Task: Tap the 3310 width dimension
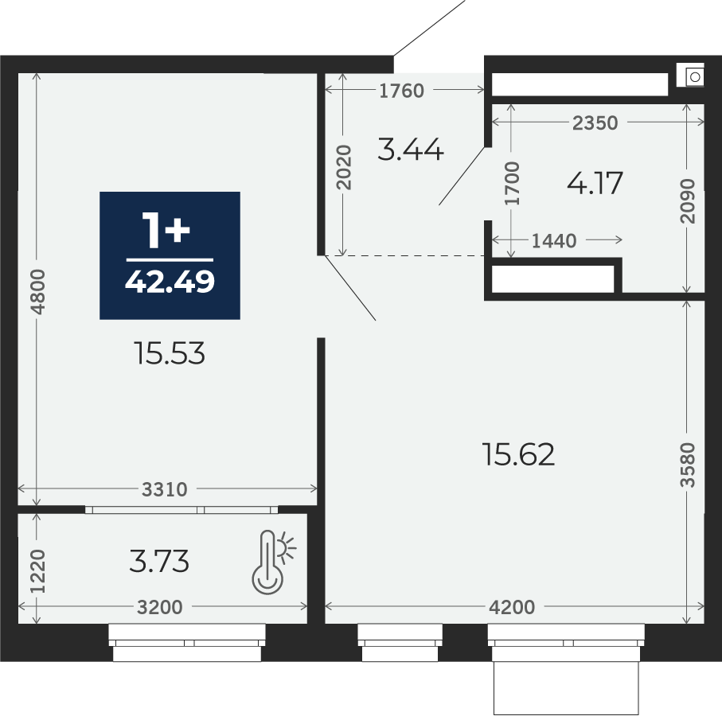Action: (165, 489)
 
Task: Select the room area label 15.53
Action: (170, 353)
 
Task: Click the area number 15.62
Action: (518, 454)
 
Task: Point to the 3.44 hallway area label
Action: (411, 150)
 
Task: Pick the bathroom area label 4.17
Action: (595, 183)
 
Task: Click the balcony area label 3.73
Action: (159, 562)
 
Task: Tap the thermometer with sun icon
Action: (274, 562)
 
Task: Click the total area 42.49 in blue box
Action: (170, 281)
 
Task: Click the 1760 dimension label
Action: (401, 91)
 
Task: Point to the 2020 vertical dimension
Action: (344, 168)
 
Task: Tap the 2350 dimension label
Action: (595, 123)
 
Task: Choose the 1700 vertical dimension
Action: (512, 183)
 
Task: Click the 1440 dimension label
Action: (554, 241)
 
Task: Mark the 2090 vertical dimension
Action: (687, 201)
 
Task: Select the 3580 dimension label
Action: (687, 465)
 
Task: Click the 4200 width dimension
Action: (512, 607)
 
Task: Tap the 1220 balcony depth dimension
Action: (38, 571)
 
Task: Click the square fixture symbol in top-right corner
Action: (691, 75)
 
